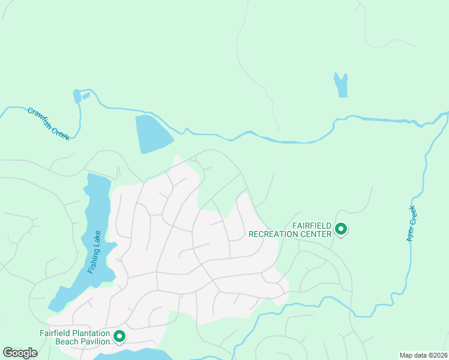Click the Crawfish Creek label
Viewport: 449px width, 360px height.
(x=49, y=124)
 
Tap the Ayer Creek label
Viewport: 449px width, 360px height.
(x=411, y=224)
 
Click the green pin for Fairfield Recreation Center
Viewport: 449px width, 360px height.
(x=341, y=229)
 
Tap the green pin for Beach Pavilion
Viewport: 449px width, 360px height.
(x=119, y=337)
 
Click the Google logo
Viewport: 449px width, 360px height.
(x=20, y=353)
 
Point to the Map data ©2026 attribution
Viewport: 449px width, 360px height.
(x=423, y=355)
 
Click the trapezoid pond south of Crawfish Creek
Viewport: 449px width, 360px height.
(x=152, y=134)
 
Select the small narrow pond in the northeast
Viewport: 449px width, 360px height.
(x=341, y=85)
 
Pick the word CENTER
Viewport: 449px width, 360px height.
(x=317, y=234)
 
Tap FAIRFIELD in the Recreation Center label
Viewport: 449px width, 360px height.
(x=312, y=226)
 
